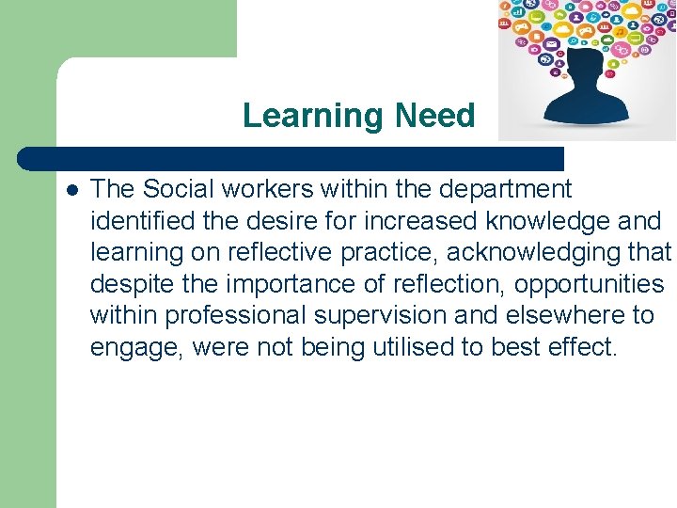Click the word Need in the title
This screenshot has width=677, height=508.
click(435, 116)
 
